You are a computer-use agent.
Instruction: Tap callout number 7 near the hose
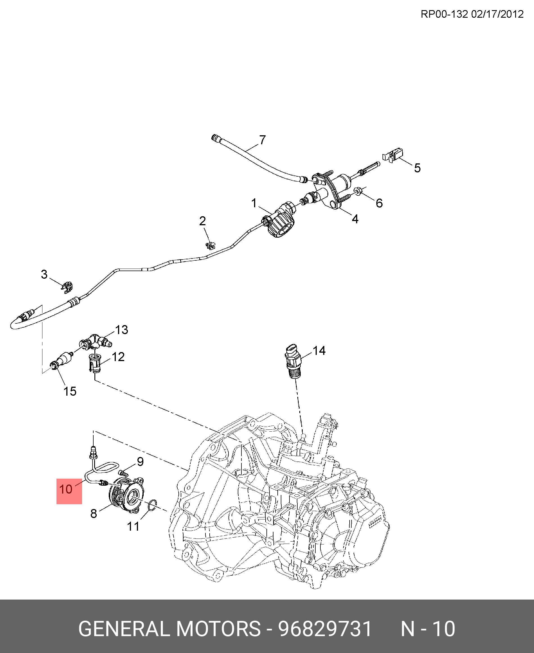262,140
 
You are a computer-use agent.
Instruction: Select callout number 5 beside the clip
417,168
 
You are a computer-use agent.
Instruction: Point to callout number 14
319,350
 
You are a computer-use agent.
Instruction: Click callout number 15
70,391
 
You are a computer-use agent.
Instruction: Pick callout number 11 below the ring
133,526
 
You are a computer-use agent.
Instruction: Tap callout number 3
44,274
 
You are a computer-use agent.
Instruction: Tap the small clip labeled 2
211,246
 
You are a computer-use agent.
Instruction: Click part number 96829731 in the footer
325,628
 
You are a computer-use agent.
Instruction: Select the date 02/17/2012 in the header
497,14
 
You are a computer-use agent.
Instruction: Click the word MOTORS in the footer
218,628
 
